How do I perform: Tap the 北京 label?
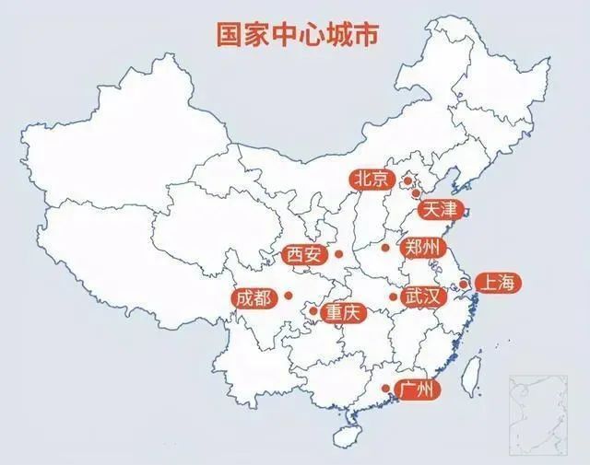(x=372, y=180)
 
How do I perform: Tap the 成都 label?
(x=254, y=297)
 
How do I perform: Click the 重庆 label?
(x=345, y=313)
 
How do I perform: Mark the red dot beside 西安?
(x=338, y=254)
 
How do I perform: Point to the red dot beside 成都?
(x=289, y=296)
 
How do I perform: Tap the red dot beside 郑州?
(x=385, y=248)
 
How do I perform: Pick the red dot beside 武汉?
(x=393, y=296)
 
